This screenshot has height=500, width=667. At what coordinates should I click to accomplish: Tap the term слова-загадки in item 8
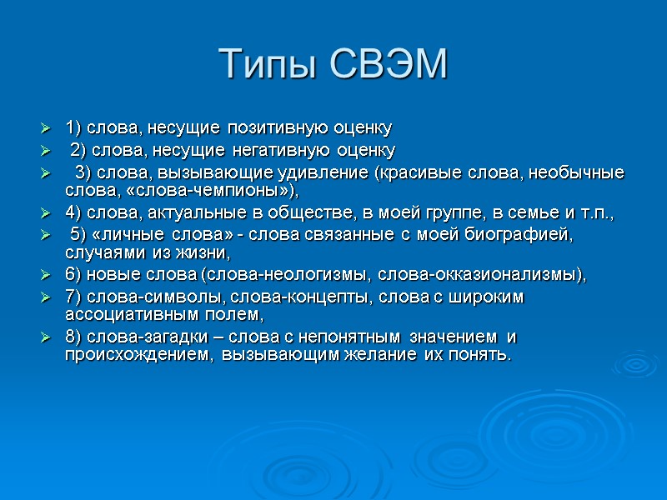tap(118, 337)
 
